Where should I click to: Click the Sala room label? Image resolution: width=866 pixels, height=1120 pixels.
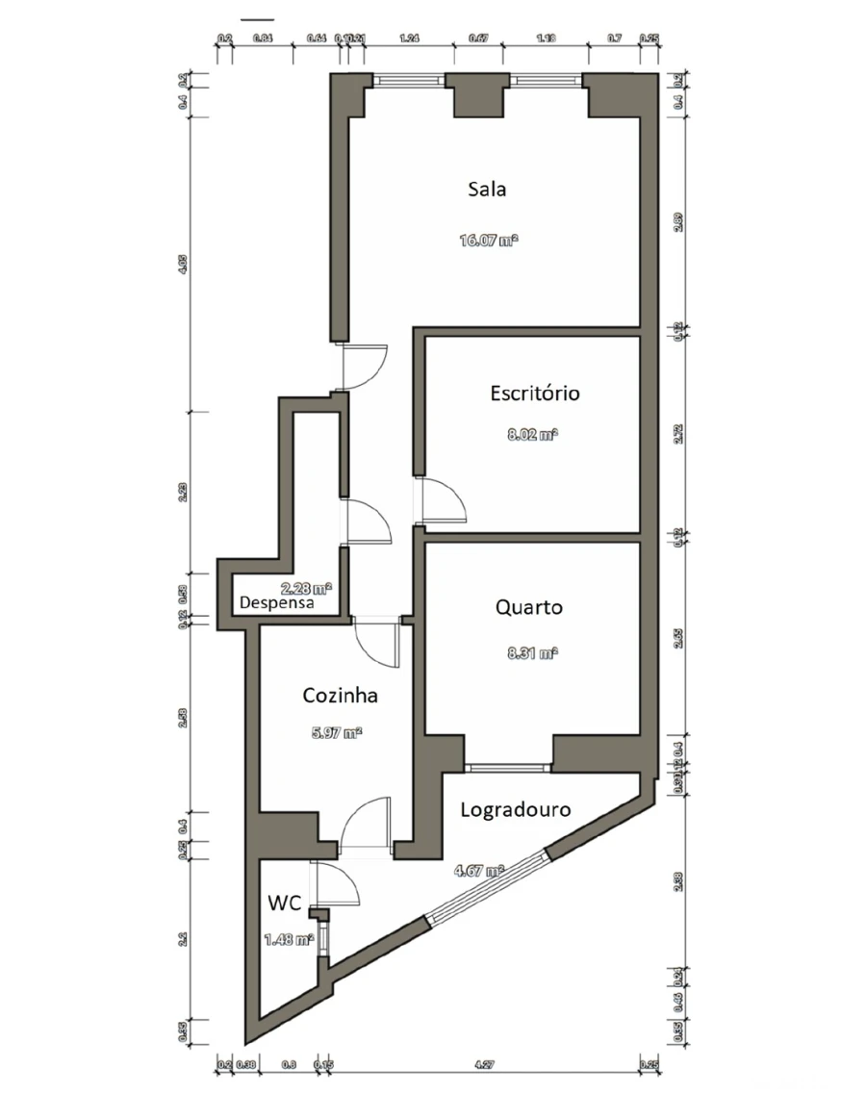pyautogui.click(x=487, y=189)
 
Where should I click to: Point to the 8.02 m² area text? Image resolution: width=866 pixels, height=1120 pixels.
pyautogui.click(x=533, y=435)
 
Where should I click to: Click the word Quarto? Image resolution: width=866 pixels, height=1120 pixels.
pyautogui.click(x=529, y=607)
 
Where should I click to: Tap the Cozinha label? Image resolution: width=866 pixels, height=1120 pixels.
pyautogui.click(x=340, y=695)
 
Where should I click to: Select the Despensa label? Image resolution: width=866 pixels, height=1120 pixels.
pyautogui.click(x=277, y=603)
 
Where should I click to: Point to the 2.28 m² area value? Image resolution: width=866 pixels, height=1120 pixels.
pyautogui.click(x=306, y=587)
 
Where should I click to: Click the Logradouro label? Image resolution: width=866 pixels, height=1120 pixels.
pyautogui.click(x=515, y=809)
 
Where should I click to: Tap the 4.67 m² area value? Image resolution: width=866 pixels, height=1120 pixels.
pyautogui.click(x=479, y=871)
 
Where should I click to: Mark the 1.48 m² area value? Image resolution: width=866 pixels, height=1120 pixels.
pyautogui.click(x=289, y=939)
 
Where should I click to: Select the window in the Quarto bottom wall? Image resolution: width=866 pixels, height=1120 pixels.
pyautogui.click(x=508, y=768)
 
